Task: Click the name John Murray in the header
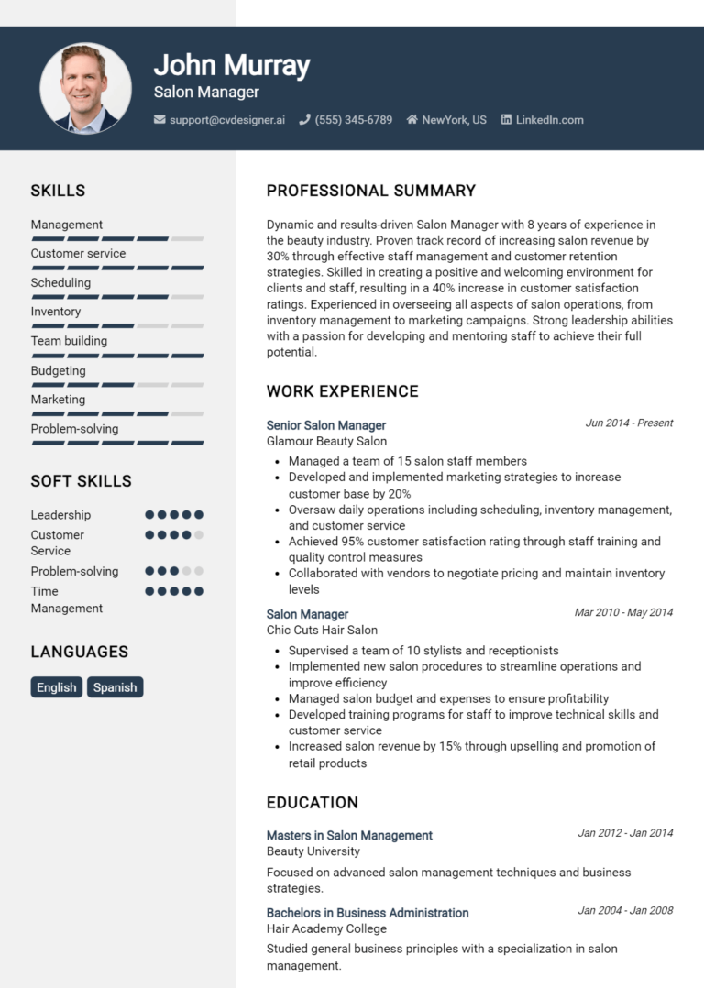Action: [x=231, y=65]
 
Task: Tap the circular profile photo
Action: [x=85, y=88]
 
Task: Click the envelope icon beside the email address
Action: [x=159, y=120]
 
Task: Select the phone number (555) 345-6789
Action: [x=353, y=120]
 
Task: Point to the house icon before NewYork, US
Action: [x=412, y=120]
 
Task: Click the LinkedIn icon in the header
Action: [x=506, y=120]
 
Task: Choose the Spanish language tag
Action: [x=115, y=687]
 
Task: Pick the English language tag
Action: [x=57, y=687]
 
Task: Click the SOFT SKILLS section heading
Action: [x=81, y=481]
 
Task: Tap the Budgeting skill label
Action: [x=58, y=370]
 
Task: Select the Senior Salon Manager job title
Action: [x=325, y=425]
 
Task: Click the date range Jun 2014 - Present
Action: [x=629, y=423]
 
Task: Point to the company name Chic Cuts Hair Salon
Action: [x=322, y=630]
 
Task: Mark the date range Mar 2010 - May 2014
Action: [x=623, y=612]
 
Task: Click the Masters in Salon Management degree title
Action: [x=349, y=835]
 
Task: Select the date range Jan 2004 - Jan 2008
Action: [x=625, y=911]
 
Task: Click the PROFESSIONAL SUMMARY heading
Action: [x=370, y=191]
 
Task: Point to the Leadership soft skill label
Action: [x=60, y=515]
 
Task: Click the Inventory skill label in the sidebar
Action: [x=55, y=312]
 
